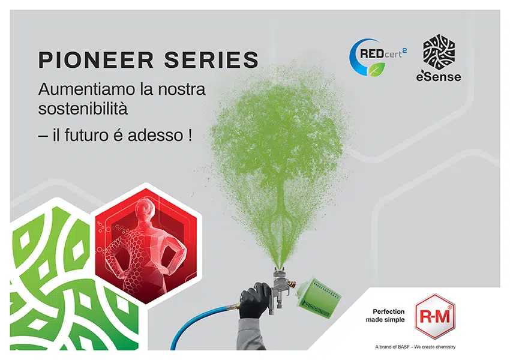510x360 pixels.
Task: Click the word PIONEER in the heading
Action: pyautogui.click(x=96, y=60)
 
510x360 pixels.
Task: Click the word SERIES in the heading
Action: pyautogui.click(x=211, y=60)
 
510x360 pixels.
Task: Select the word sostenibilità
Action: pyautogui.click(x=83, y=109)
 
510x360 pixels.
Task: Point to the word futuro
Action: pyautogui.click(x=86, y=135)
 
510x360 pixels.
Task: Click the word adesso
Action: pyautogui.click(x=155, y=135)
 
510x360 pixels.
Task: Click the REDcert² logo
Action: pyautogui.click(x=377, y=58)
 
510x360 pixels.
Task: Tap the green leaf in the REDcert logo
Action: pyautogui.click(x=377, y=69)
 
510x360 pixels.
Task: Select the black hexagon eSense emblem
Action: pyautogui.click(x=439, y=52)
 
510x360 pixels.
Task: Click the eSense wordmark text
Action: pyautogui.click(x=439, y=77)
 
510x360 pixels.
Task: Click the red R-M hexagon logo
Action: pyautogui.click(x=435, y=316)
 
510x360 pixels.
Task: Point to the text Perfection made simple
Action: pyautogui.click(x=385, y=316)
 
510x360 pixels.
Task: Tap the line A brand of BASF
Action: pyautogui.click(x=415, y=347)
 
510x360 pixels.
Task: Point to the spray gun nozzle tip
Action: pyautogui.click(x=280, y=269)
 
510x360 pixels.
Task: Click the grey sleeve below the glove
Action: pyautogui.click(x=251, y=334)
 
